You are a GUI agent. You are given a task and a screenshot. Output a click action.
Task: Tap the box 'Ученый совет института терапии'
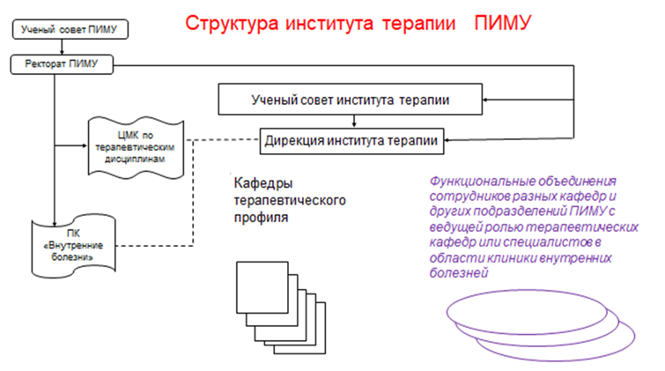pyautogui.click(x=350, y=100)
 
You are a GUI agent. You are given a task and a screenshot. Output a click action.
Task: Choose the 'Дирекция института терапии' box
pyautogui.click(x=351, y=138)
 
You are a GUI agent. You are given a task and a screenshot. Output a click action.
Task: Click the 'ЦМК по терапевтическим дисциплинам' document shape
pyautogui.click(x=133, y=143)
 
